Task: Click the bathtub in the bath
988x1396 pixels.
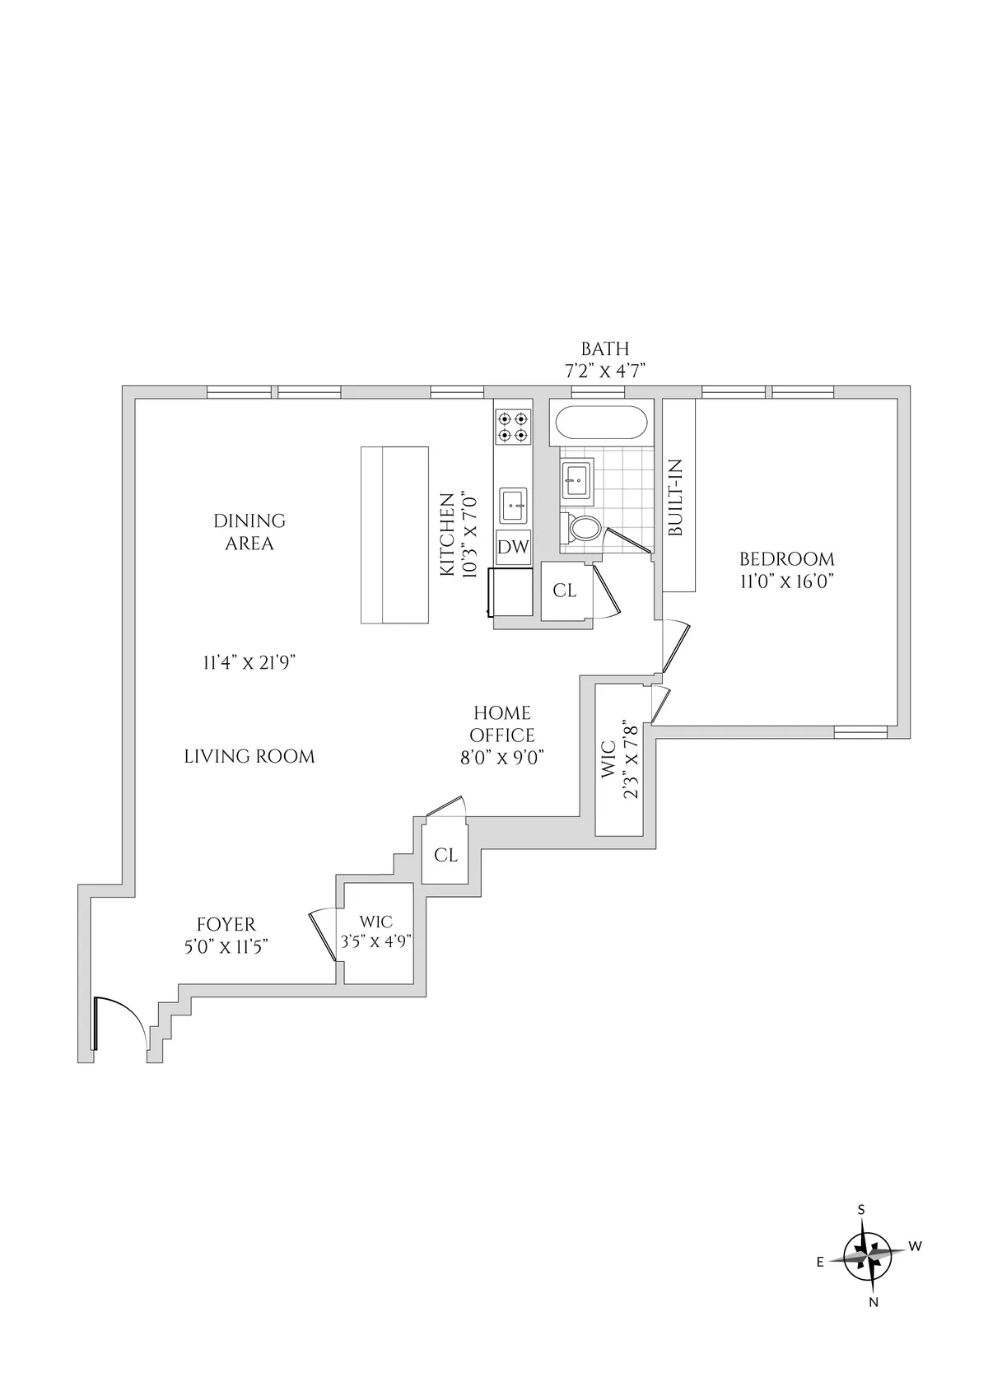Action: pos(601,424)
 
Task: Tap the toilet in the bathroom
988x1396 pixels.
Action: pos(584,528)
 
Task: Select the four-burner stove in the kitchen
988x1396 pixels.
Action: pos(512,427)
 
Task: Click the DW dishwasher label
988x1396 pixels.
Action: pos(513,548)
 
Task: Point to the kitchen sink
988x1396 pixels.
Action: pos(514,504)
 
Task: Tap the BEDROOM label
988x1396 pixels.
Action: pos(786,558)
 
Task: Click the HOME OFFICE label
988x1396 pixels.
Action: pos(501,724)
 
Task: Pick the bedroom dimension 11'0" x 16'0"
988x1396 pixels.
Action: pos(786,581)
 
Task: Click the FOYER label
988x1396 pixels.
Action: pos(226,924)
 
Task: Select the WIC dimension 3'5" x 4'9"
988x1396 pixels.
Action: pos(376,941)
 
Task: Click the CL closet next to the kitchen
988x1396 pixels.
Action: pos(565,591)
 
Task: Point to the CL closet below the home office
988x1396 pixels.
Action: pos(445,856)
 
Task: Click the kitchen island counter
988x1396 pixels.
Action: pos(394,535)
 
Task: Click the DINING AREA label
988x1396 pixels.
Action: pos(249,532)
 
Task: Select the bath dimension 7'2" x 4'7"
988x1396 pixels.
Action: pos(604,371)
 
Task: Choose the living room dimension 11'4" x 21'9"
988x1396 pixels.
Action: pos(249,662)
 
